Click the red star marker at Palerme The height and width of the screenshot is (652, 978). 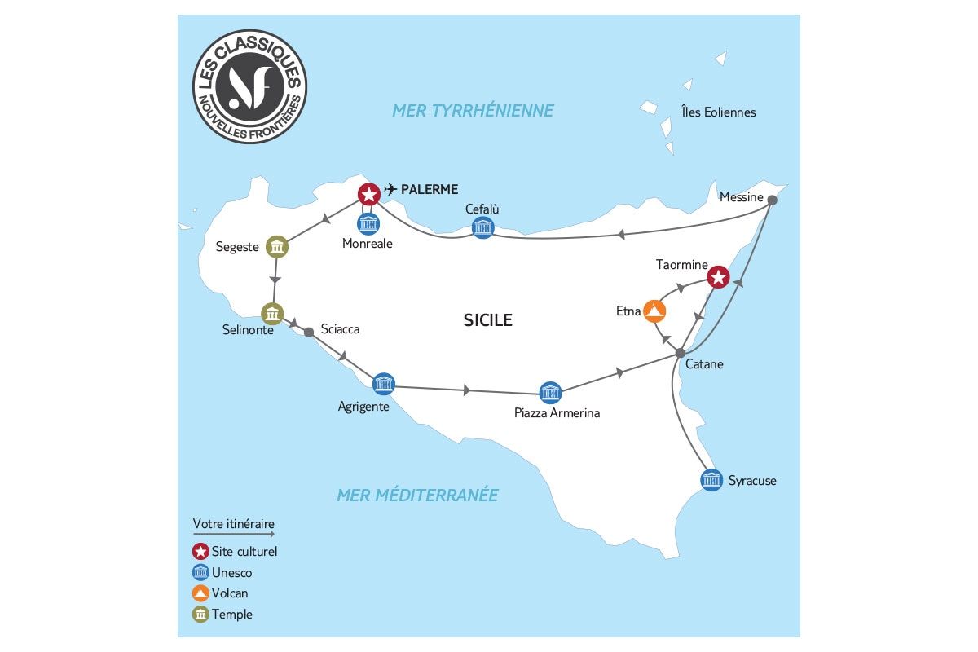coord(369,194)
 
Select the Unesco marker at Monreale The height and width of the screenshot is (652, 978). coord(369,224)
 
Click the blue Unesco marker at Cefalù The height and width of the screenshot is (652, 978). coord(482,227)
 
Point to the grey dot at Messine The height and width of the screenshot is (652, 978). coord(772,200)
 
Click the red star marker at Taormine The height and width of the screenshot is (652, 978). coord(717,277)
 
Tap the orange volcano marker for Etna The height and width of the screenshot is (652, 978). coord(654,311)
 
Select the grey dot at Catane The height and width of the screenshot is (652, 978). coord(680,352)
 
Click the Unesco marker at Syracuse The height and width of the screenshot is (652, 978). coord(711,479)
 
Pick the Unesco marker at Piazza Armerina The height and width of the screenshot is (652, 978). coord(551,392)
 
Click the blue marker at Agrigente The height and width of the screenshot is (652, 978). coord(383,383)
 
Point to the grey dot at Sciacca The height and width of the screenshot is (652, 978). coord(308,332)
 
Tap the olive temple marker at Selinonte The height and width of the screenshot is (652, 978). coord(272,313)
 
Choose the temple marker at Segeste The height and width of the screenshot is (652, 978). coord(277,246)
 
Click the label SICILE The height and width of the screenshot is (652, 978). coord(487,319)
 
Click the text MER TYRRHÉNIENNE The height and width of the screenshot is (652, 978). coord(473,110)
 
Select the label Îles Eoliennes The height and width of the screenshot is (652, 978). coord(719,112)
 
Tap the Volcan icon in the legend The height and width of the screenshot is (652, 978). coord(200,593)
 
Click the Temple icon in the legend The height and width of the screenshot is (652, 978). coord(200,614)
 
